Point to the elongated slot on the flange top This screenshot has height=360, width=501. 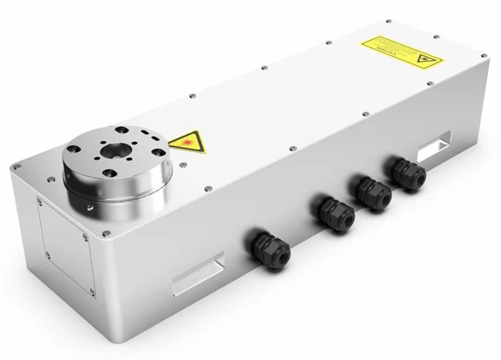[x=148, y=134]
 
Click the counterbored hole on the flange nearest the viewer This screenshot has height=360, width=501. [x=109, y=173]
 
